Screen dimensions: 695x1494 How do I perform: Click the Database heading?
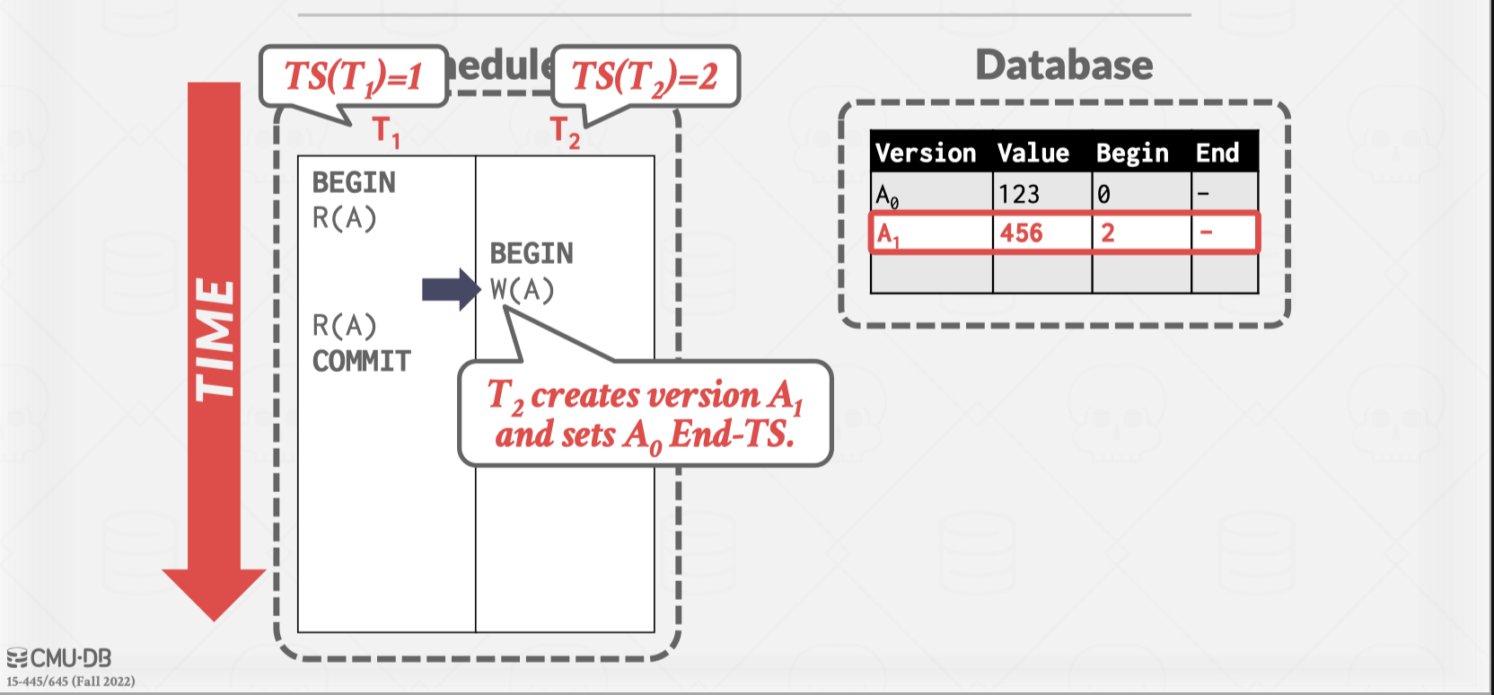(1064, 66)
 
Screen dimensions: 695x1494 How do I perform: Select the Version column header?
(926, 153)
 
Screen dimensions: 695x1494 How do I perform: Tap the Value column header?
(1033, 153)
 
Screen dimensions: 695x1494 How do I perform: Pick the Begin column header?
(1132, 153)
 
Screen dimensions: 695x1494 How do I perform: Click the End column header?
(1217, 153)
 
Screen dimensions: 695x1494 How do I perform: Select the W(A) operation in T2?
(522, 290)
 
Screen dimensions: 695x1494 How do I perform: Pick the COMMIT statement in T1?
(361, 361)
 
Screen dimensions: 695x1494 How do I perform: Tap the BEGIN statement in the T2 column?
(531, 253)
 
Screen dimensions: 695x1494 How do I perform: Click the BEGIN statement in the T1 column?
(353, 182)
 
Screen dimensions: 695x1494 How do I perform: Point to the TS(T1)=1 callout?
(353, 77)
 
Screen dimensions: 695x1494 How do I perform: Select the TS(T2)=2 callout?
(645, 77)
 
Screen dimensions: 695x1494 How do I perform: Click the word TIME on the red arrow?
(215, 339)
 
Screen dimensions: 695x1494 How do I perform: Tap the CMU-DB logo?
(59, 658)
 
